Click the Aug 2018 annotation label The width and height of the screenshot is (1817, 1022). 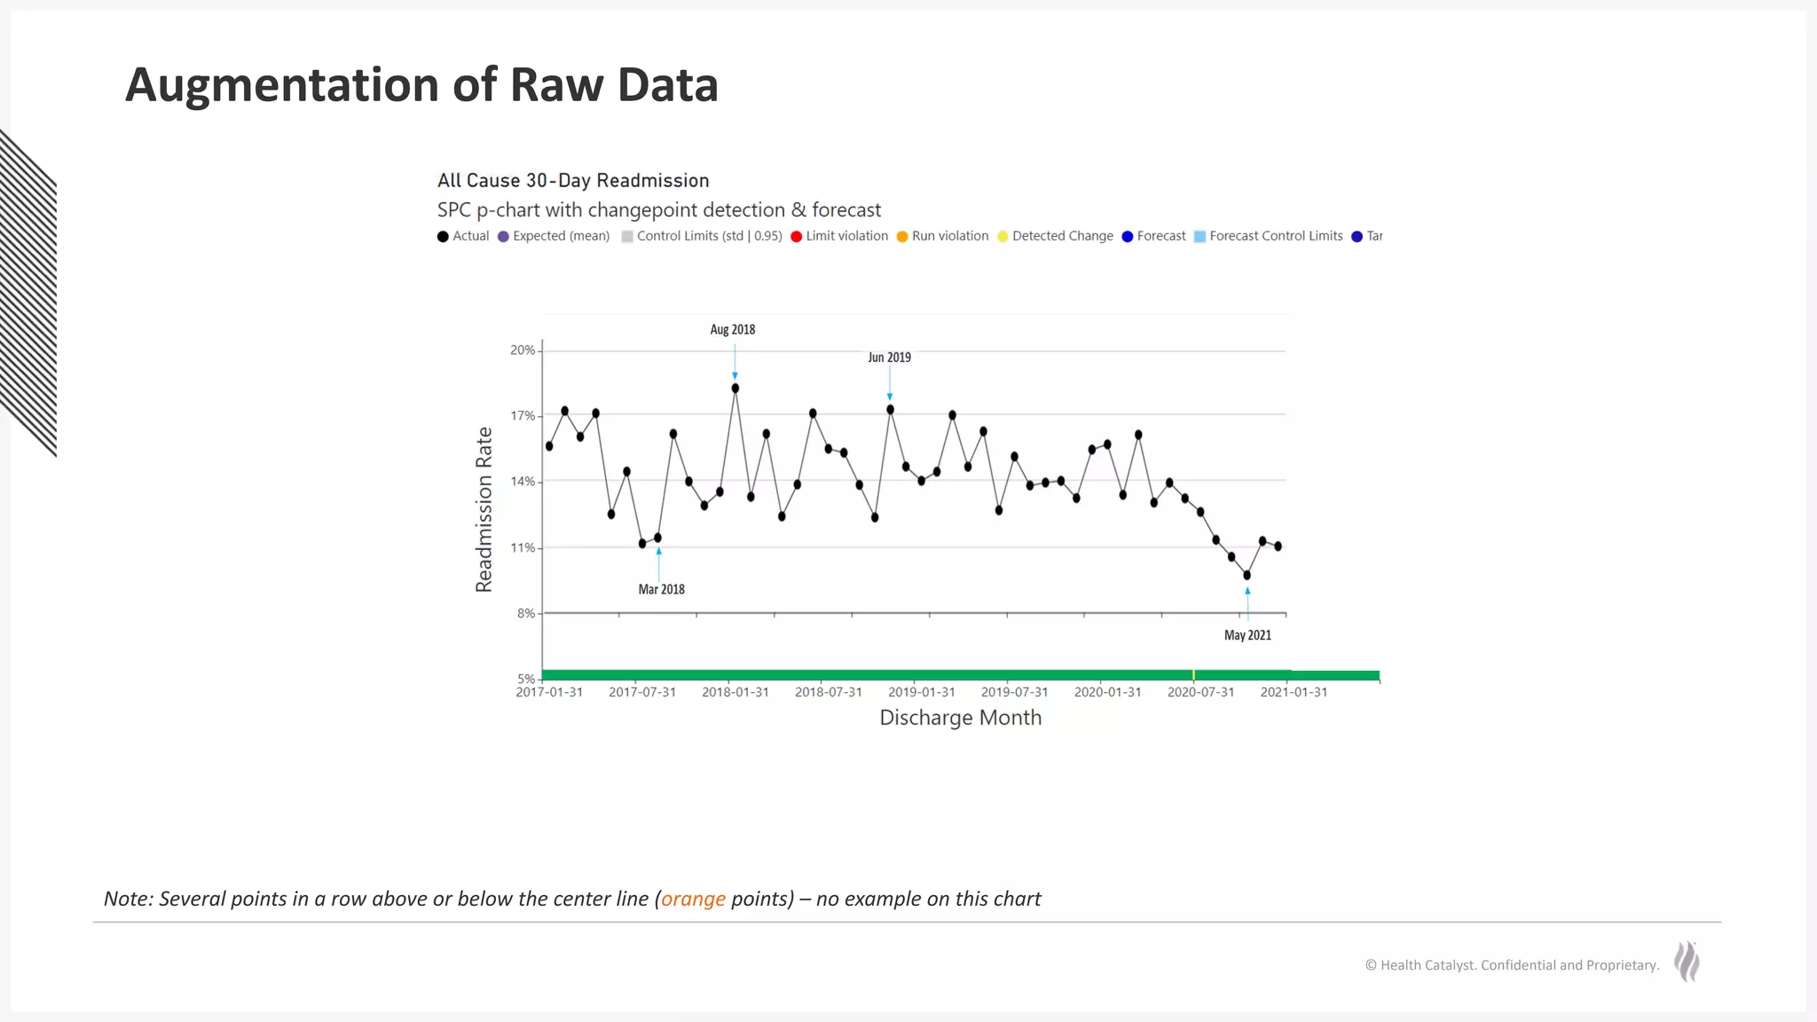[x=732, y=329]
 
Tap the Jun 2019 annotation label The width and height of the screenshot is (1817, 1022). [x=889, y=358]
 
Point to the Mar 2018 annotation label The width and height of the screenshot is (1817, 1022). [x=661, y=589]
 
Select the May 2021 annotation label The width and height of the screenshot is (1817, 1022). [x=1247, y=635]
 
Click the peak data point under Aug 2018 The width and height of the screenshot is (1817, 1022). [x=735, y=389]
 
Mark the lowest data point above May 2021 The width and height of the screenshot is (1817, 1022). [x=1247, y=575]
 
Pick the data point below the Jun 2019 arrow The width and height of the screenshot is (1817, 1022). [x=890, y=410]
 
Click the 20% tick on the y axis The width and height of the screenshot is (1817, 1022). [x=523, y=350]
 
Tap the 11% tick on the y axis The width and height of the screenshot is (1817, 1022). [x=523, y=548]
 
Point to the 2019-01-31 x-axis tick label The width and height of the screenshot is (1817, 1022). [x=921, y=692]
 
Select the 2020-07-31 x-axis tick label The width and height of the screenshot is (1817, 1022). [x=1200, y=692]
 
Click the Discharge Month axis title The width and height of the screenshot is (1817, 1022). [x=960, y=718]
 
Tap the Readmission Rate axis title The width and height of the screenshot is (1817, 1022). [x=484, y=509]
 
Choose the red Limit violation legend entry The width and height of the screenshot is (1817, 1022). [x=839, y=236]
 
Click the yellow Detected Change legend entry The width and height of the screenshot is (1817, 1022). [x=1055, y=236]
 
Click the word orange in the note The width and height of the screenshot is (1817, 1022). [x=693, y=899]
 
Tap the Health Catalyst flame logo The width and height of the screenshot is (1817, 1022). [x=1687, y=962]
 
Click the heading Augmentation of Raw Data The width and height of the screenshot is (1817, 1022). [x=421, y=85]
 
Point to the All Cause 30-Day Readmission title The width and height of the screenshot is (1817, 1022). [x=573, y=181]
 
